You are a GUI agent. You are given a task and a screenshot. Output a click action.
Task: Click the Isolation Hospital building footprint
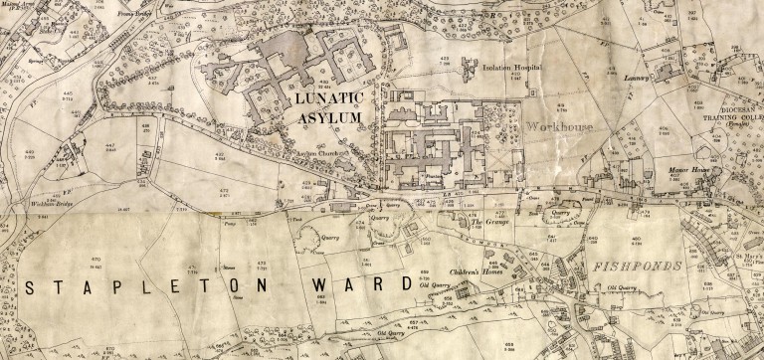[x=466, y=62]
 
